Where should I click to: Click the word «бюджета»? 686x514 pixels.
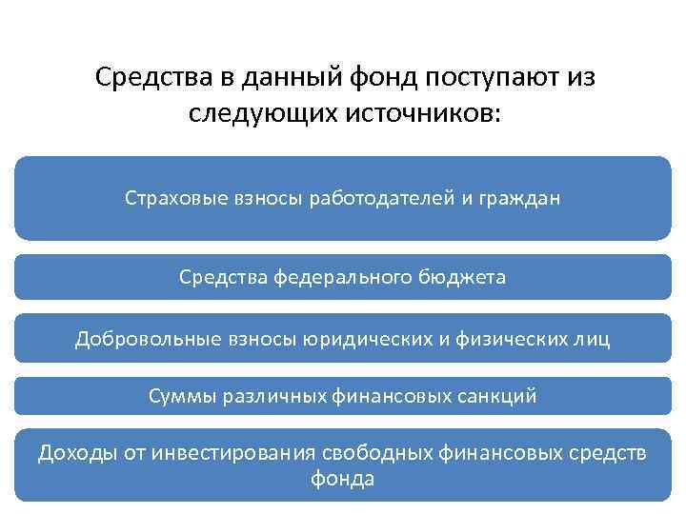coord(460,277)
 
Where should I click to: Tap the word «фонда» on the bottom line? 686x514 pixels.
coord(343,479)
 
